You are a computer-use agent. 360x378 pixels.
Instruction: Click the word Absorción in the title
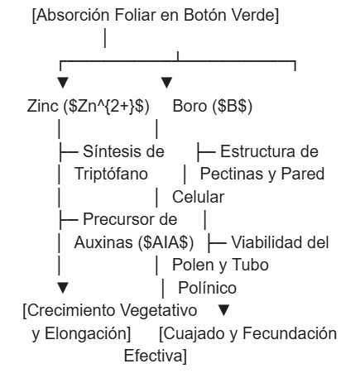click(x=74, y=16)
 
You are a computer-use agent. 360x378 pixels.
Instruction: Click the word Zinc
click(x=43, y=106)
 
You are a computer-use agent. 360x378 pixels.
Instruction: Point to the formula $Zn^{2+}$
click(x=106, y=107)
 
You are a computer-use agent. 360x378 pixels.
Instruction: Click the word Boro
click(x=190, y=106)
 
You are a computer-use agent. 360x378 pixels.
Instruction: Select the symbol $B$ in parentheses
click(x=232, y=107)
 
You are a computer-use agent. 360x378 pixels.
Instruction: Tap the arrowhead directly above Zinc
click(x=63, y=83)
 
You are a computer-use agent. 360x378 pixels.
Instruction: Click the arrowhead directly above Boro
click(x=166, y=83)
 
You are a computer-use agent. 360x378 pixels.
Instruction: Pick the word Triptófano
click(x=111, y=174)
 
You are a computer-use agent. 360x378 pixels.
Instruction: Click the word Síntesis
click(x=113, y=151)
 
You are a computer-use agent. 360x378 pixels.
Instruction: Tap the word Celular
click(x=198, y=197)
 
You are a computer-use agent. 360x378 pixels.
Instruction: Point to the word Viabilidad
click(x=263, y=242)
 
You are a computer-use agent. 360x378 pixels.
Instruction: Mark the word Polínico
click(x=208, y=288)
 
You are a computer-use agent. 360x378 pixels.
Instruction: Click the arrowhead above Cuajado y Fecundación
click(x=223, y=310)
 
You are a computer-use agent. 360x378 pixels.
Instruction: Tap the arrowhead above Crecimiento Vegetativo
click(x=63, y=288)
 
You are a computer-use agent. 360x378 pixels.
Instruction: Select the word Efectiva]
click(x=156, y=356)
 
